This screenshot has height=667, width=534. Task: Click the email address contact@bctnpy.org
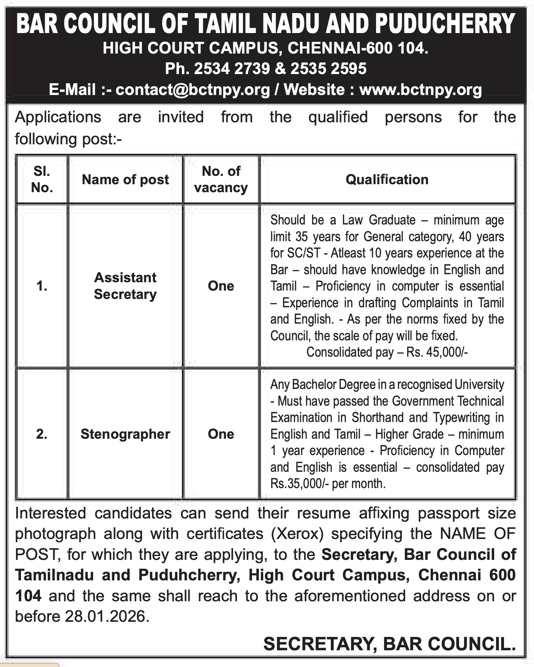click(x=193, y=90)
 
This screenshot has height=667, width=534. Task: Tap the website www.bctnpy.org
click(x=420, y=90)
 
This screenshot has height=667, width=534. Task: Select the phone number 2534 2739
click(x=232, y=69)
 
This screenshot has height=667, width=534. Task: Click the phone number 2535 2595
click(x=328, y=69)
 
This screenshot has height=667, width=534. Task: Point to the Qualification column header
click(x=387, y=180)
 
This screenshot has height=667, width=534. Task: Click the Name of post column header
click(x=125, y=180)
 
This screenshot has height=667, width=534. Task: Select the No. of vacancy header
click(x=221, y=179)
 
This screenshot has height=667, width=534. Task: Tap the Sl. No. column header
click(x=42, y=179)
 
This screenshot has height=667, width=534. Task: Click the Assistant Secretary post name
click(x=125, y=286)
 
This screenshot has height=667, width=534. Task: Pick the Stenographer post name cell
click(x=125, y=434)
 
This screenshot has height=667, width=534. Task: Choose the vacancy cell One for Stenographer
click(x=221, y=434)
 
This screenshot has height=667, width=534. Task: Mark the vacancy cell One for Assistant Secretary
click(x=221, y=286)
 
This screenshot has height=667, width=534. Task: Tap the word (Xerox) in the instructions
click(x=297, y=534)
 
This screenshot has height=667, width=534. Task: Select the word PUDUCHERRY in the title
click(x=445, y=24)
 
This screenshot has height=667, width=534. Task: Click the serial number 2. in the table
click(x=42, y=434)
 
